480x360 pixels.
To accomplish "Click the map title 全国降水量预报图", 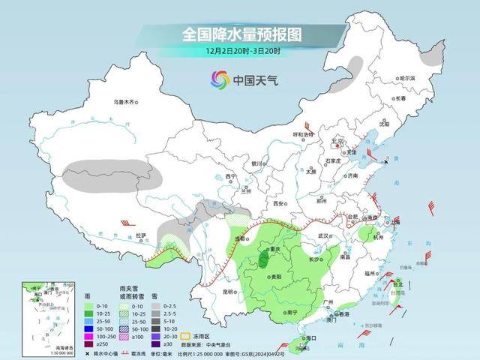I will point(241,34).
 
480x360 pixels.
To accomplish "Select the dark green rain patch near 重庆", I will point(264,260).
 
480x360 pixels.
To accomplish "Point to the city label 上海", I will point(394,222).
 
